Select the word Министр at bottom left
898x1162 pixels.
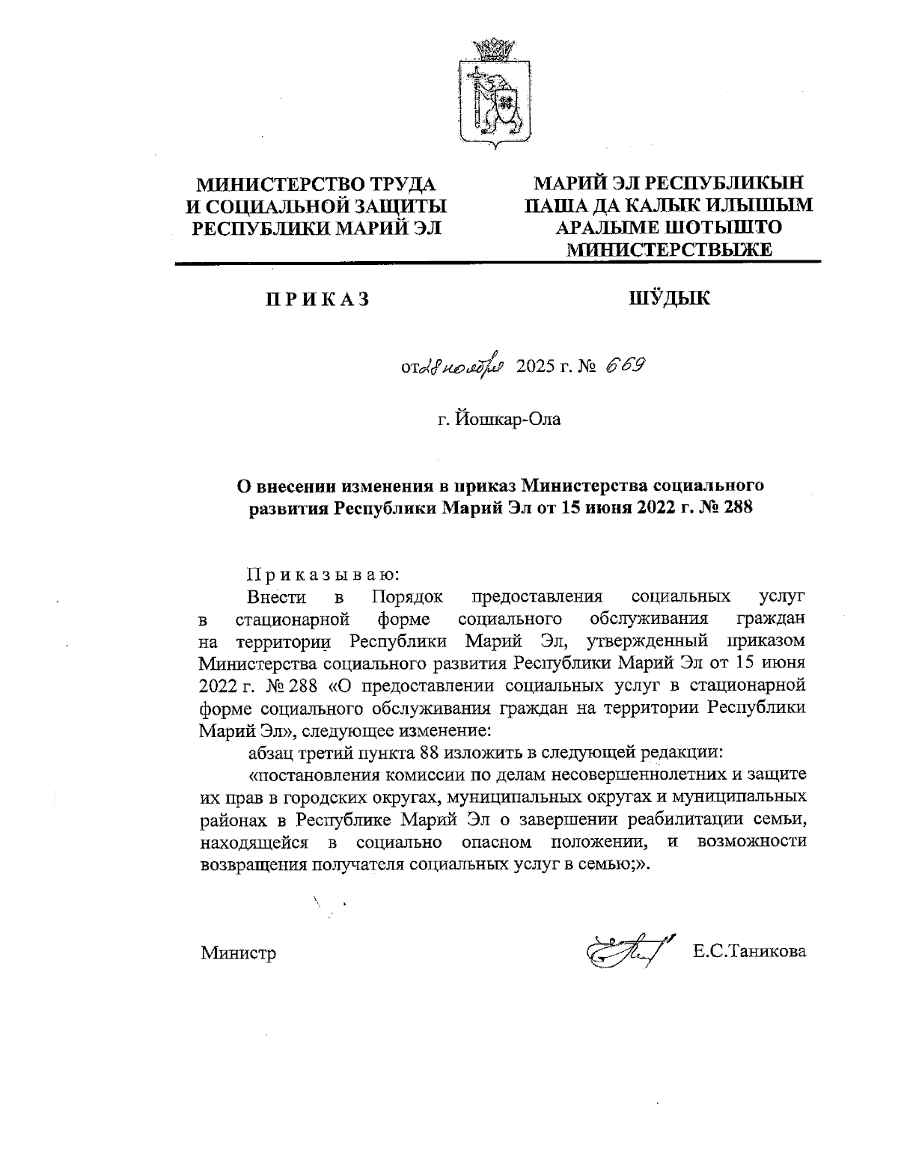pyautogui.click(x=238, y=952)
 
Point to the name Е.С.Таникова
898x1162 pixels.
pyautogui.click(x=749, y=951)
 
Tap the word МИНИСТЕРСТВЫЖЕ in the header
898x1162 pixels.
pyautogui.click(x=669, y=249)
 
